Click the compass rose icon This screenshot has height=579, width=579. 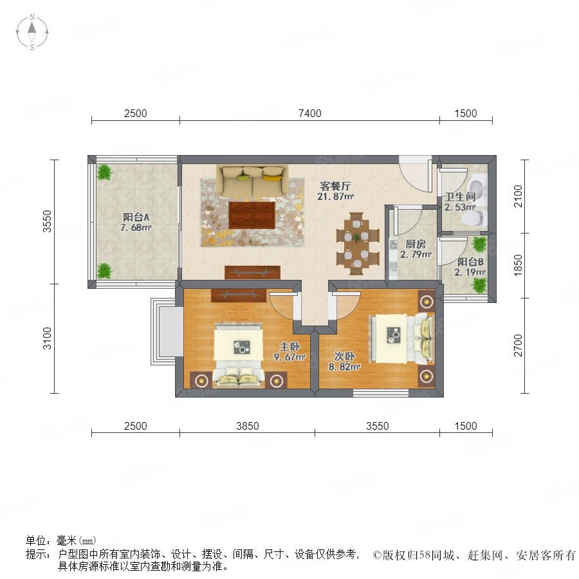[x=32, y=32]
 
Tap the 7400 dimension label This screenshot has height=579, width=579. [x=309, y=113]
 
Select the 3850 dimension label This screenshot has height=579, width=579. [x=248, y=426]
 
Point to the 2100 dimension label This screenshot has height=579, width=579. [x=519, y=196]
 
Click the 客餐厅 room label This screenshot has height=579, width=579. [x=335, y=186]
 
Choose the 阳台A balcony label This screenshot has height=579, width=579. [x=136, y=217]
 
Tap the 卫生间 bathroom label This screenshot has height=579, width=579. [x=460, y=197]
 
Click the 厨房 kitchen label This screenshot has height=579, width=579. [x=416, y=244]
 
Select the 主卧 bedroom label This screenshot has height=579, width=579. [x=290, y=347]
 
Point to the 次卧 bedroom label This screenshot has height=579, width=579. [x=345, y=356]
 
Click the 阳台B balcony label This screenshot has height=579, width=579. [x=470, y=262]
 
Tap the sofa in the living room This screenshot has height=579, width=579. [x=253, y=180]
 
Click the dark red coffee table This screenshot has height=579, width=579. [x=252, y=216]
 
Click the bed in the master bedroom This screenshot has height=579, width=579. [x=239, y=355]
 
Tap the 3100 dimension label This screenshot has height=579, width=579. [x=47, y=338]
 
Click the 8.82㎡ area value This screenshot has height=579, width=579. [x=345, y=367]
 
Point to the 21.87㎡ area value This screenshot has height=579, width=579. [x=335, y=196]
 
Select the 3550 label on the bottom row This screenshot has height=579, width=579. [x=377, y=426]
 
